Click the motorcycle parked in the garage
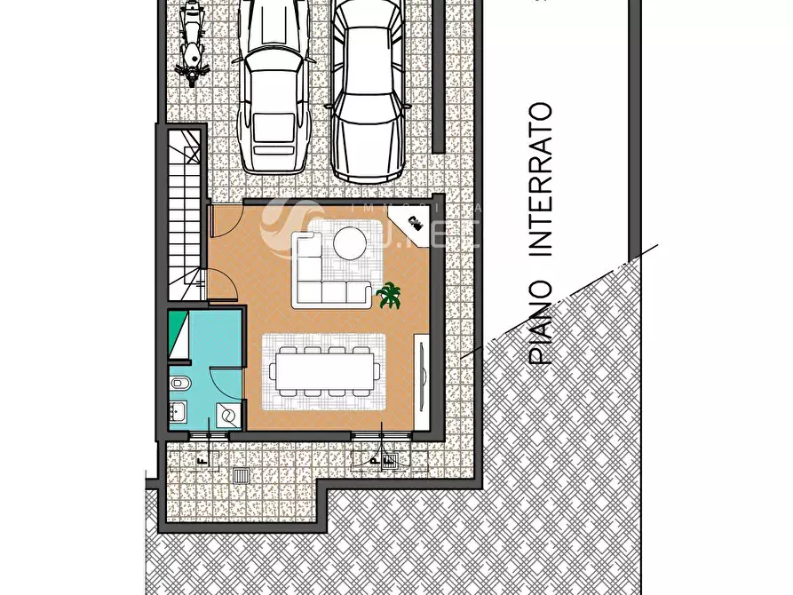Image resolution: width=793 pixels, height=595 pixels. [190, 43]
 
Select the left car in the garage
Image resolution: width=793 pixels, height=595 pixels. [273, 89]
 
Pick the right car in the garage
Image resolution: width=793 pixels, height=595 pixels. [368, 89]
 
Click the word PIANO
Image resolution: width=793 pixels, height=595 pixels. [541, 321]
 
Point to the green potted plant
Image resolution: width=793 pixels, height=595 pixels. [389, 295]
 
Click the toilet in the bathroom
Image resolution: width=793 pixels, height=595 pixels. [178, 384]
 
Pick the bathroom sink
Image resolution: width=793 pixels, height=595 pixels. [177, 411]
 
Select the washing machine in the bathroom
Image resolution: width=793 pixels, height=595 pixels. [227, 415]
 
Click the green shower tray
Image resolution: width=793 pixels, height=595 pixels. [178, 334]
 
